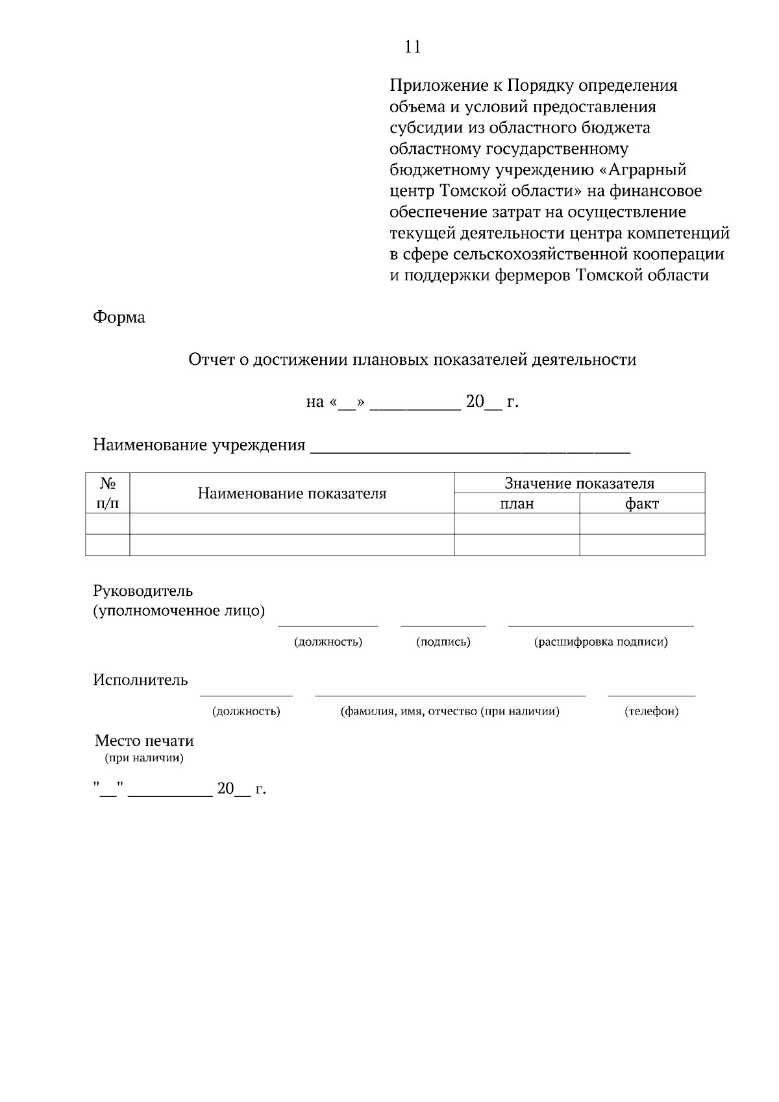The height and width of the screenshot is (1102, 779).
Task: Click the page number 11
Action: [412, 47]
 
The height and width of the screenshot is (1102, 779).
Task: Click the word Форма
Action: [119, 317]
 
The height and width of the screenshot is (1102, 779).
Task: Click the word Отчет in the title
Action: [208, 360]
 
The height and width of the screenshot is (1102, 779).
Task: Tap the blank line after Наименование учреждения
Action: [471, 447]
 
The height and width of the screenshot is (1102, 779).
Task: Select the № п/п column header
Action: [108, 493]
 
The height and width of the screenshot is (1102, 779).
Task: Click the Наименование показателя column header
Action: [292, 494]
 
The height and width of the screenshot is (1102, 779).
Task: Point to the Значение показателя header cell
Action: [579, 484]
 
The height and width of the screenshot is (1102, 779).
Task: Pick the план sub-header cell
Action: [517, 504]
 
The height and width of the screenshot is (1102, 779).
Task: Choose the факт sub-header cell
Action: [641, 504]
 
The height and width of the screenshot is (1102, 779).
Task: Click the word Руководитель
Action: [143, 591]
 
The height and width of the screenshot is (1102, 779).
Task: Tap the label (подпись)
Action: [443, 643]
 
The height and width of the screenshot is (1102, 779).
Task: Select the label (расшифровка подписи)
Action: [600, 643]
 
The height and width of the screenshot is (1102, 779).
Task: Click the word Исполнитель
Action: [140, 680]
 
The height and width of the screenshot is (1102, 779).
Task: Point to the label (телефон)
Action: [651, 712]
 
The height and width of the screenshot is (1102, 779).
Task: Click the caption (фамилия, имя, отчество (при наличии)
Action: [450, 712]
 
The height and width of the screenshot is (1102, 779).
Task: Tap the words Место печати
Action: [144, 741]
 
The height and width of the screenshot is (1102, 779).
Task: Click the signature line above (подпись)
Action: [443, 626]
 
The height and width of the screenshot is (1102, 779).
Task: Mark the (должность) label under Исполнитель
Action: [246, 712]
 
